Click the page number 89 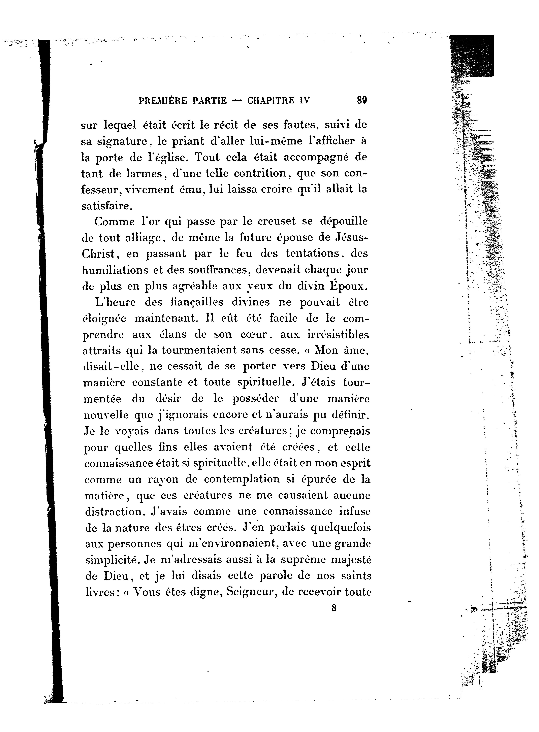coord(362,100)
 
